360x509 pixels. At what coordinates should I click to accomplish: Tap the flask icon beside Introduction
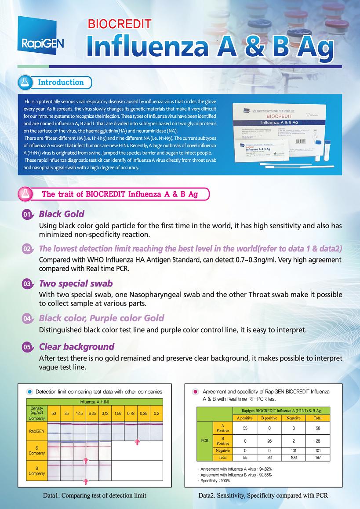point(25,82)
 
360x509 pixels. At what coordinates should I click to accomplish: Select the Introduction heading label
point(61,82)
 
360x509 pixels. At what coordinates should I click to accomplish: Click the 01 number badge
point(27,215)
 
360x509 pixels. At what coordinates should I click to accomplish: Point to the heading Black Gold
point(62,214)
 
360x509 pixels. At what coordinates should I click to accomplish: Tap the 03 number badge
point(27,284)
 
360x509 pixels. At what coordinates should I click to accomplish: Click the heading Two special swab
point(76,284)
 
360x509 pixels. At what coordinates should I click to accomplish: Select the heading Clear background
point(76,346)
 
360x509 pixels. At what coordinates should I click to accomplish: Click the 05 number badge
point(27,347)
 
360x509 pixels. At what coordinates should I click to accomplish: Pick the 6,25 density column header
point(92,414)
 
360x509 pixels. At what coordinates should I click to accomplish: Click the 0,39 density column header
point(143,414)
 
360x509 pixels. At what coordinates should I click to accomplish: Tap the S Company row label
point(36,451)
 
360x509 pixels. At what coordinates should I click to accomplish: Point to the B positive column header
point(269,418)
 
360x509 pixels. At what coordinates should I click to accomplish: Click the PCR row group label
point(204,439)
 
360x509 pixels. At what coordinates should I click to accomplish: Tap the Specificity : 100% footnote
point(214,481)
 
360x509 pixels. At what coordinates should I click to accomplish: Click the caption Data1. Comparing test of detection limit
point(95,495)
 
